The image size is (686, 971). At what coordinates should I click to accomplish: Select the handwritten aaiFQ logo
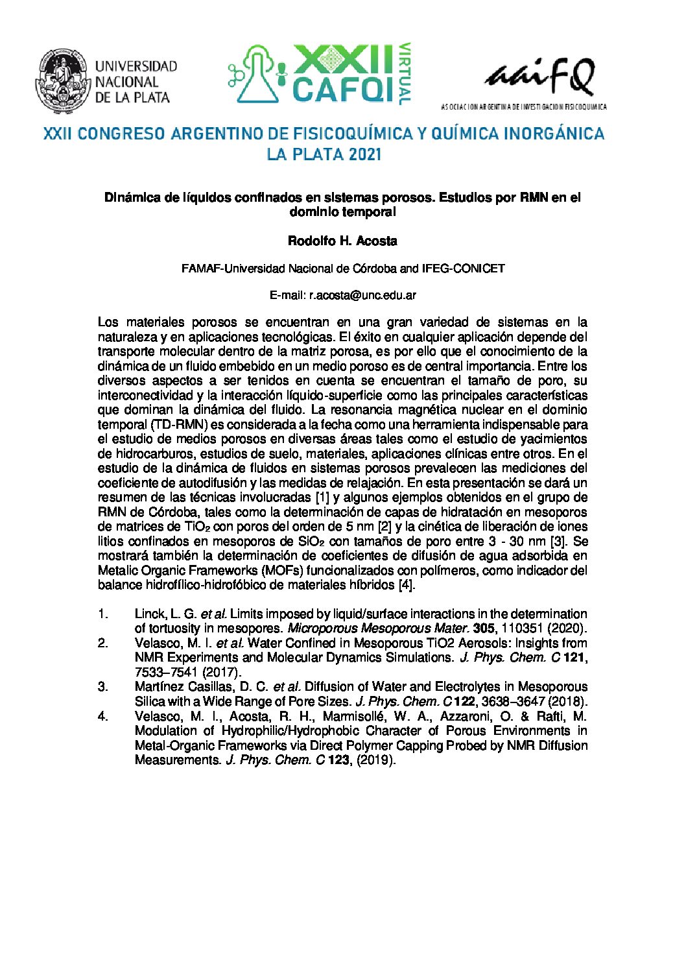[539, 77]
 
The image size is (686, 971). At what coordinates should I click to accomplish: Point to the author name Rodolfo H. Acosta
[342, 241]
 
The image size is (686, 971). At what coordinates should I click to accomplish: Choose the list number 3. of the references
[103, 687]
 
